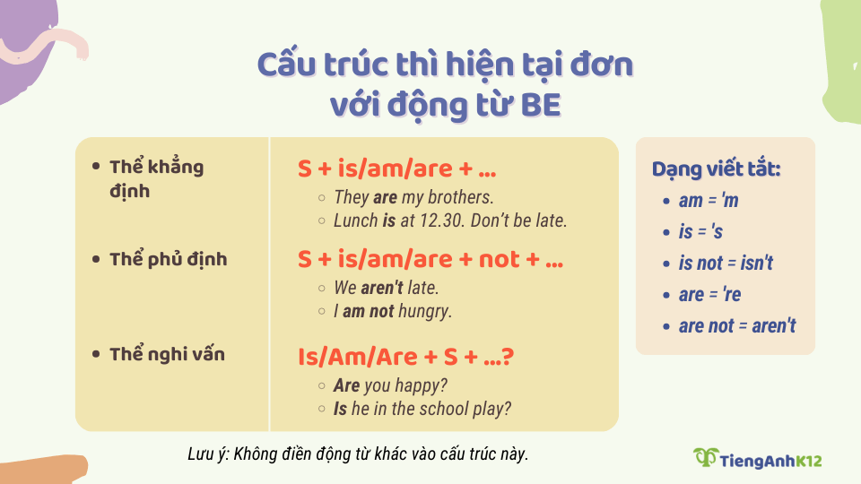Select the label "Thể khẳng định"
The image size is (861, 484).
click(156, 178)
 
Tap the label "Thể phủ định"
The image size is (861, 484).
click(168, 259)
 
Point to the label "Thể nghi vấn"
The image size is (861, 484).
click(167, 354)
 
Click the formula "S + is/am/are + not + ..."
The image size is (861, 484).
click(430, 260)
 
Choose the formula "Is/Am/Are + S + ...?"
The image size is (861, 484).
click(405, 356)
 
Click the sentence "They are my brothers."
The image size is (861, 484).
click(413, 197)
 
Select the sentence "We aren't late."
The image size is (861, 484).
click(387, 289)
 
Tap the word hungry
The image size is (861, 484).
click(424, 311)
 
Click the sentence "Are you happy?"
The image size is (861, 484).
click(390, 385)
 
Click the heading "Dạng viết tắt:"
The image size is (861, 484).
click(716, 169)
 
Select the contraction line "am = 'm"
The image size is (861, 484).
click(708, 201)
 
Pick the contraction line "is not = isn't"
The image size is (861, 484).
click(726, 264)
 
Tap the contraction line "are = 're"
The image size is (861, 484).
click(709, 294)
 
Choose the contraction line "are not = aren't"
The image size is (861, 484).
click(736, 325)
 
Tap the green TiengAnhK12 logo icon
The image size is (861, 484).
click(706, 457)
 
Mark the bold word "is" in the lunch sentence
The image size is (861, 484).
click(388, 220)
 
